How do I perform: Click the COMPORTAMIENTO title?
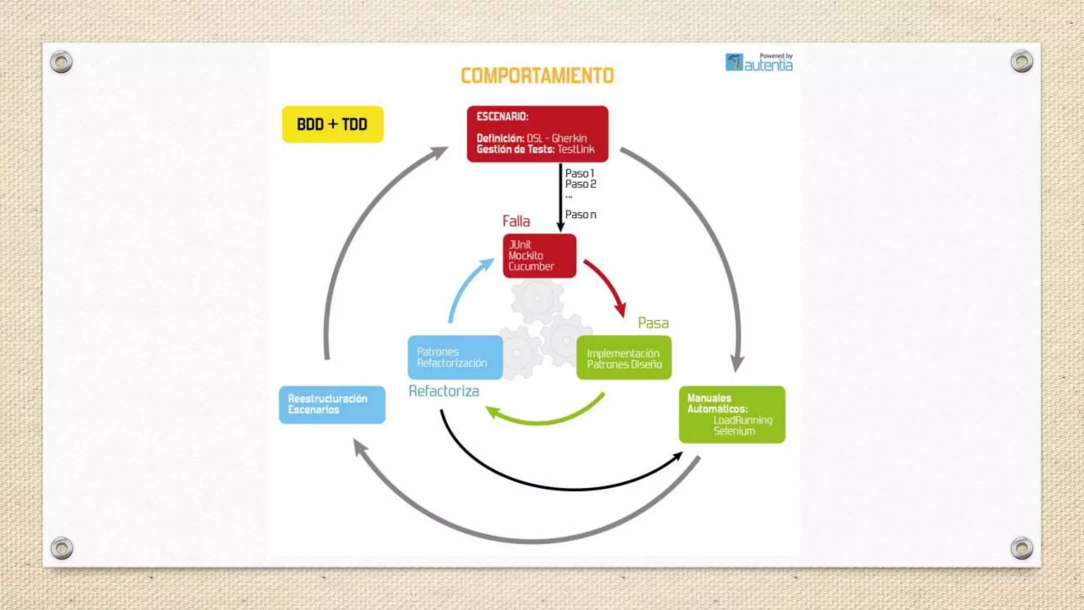pyautogui.click(x=537, y=76)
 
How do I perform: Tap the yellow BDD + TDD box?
pyautogui.click(x=332, y=124)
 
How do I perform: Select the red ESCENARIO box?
pyautogui.click(x=537, y=133)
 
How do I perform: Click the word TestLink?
pyautogui.click(x=576, y=149)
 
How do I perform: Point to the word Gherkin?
pyautogui.click(x=569, y=138)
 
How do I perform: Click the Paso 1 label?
pyautogui.click(x=580, y=173)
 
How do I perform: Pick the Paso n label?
pyautogui.click(x=580, y=214)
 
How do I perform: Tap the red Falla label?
pyautogui.click(x=516, y=221)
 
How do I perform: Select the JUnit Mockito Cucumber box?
pyautogui.click(x=539, y=256)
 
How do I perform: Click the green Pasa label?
pyautogui.click(x=653, y=323)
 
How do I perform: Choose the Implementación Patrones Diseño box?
pyautogui.click(x=624, y=358)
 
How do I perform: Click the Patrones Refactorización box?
pyautogui.click(x=455, y=357)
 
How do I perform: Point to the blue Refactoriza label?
pyautogui.click(x=444, y=391)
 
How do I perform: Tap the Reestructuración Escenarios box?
pyautogui.click(x=332, y=405)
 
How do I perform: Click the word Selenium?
pyautogui.click(x=734, y=431)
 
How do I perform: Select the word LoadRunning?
pyautogui.click(x=743, y=420)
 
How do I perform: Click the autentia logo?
pyautogui.click(x=759, y=62)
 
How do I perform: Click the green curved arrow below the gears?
pyautogui.click(x=545, y=418)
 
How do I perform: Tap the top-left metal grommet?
pyautogui.click(x=61, y=62)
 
